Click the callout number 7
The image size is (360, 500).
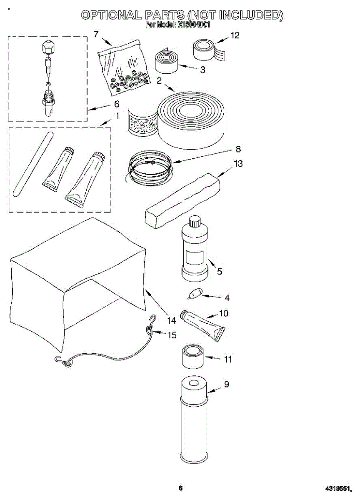coord(97,34)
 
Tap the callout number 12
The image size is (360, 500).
coord(235,35)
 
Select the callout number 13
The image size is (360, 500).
coord(238,164)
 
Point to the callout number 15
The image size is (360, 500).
coord(172,335)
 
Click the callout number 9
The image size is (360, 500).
coord(227,385)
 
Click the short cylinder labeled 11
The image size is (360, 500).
coord(192,356)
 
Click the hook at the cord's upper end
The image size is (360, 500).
coord(152,319)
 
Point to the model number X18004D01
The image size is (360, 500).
coord(194,25)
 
